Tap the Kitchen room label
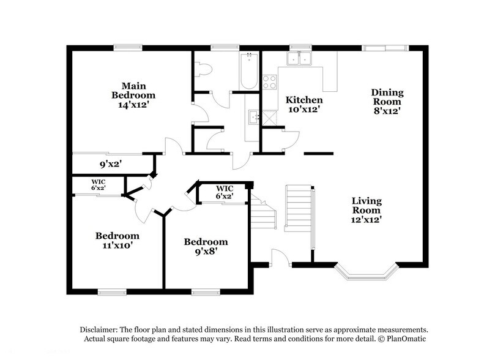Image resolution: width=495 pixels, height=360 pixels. coord(304,100)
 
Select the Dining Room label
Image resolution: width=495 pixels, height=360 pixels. coord(387,97)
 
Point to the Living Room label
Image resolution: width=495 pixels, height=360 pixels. coord(367,205)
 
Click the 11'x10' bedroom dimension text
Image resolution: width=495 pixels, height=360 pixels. coord(116,246)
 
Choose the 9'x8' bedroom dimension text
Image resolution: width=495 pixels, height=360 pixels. coord(206,252)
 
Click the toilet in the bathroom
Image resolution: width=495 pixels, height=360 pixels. coord(205,69)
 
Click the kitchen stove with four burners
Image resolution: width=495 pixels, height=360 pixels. coord(269,81)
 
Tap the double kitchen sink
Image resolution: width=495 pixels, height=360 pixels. coord(300,59)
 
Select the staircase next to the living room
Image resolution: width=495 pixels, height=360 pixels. coord(299,205)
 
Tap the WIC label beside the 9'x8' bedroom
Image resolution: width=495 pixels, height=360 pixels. coord(223,192)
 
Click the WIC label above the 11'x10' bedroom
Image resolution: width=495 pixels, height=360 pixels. coord(99,184)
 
